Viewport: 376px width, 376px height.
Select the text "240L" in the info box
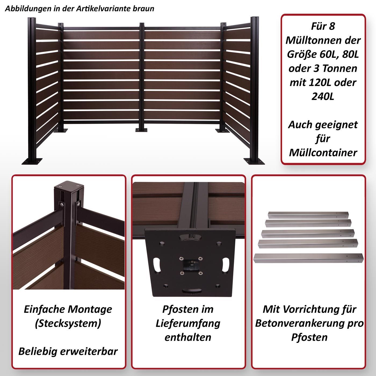pos(323,96)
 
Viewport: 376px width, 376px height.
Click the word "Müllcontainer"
pos(323,153)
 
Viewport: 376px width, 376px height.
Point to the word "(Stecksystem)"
pos(68,324)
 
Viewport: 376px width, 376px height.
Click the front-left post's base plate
pos(32,161)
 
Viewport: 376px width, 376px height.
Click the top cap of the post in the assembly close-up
pos(69,185)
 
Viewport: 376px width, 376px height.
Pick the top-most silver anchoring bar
pos(308,215)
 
